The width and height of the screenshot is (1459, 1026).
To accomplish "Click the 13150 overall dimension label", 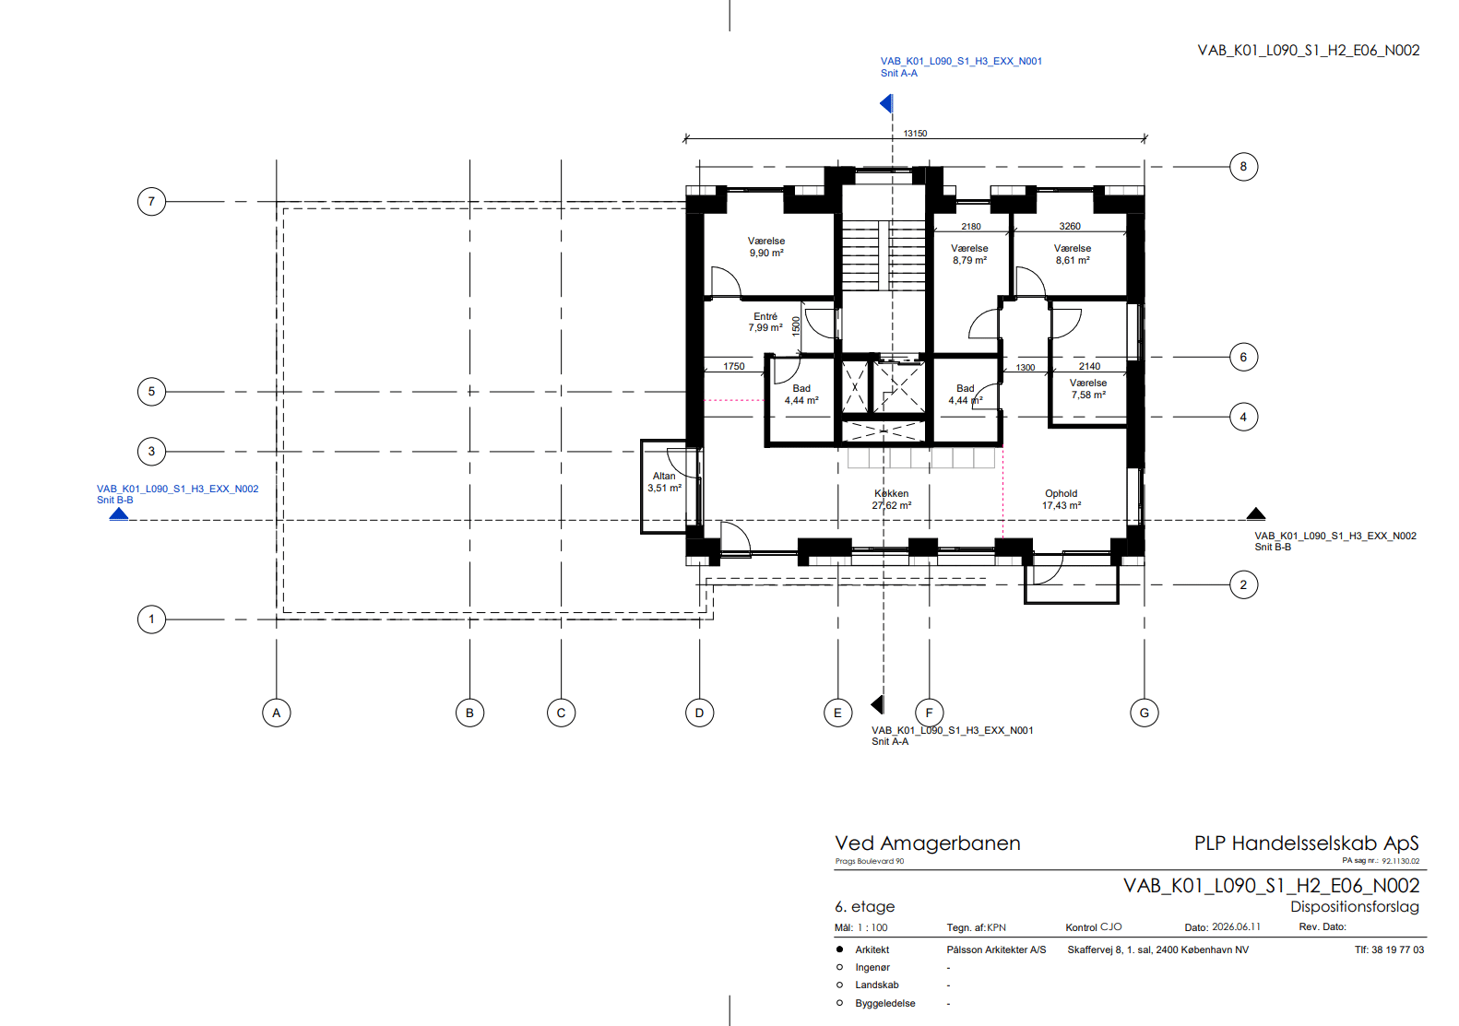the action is tap(915, 134).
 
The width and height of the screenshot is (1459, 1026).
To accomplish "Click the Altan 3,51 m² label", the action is tap(664, 482).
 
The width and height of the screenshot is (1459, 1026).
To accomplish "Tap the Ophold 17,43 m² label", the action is tap(1062, 500).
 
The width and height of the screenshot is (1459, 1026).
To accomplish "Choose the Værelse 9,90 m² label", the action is tap(766, 247).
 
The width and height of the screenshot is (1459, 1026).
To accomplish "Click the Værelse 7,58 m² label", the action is tap(1088, 389).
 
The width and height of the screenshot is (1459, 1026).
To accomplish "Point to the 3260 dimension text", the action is tap(1070, 227).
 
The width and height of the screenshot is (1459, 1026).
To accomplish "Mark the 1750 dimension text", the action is tap(734, 367).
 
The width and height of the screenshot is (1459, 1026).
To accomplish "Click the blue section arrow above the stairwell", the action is tap(885, 103).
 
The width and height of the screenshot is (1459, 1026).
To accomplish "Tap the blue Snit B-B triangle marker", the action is tap(119, 514).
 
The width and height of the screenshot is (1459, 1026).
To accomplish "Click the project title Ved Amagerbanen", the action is tap(928, 843).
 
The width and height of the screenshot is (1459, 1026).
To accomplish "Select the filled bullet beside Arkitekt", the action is tap(839, 949).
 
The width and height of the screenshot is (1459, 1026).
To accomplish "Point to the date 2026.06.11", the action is tap(1236, 926).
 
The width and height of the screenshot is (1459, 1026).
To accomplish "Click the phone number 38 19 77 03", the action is tap(1398, 949).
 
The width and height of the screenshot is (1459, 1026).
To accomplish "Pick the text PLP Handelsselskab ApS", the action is tap(1307, 843).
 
